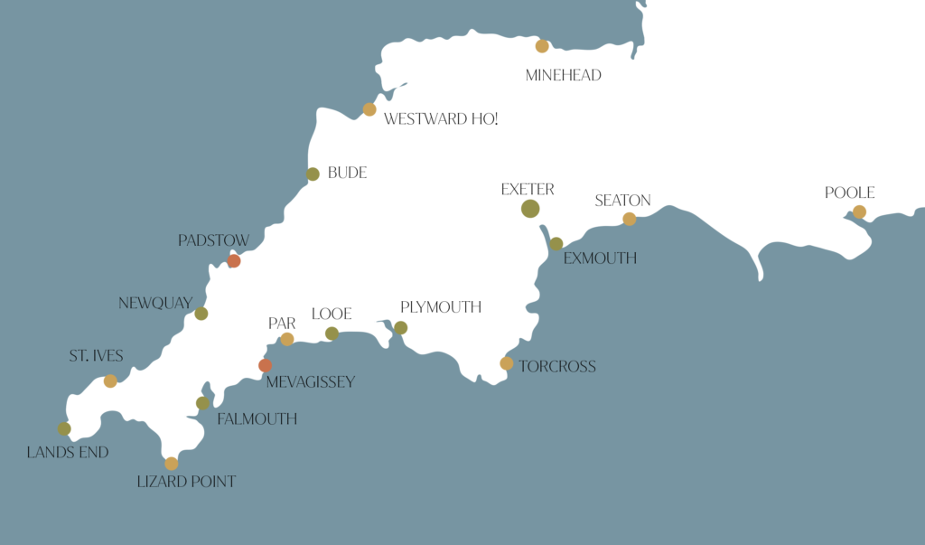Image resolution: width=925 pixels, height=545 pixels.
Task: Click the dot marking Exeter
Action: (530, 209)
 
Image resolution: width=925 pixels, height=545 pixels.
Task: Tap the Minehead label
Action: (563, 76)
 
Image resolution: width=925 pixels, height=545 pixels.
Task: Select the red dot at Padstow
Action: (234, 261)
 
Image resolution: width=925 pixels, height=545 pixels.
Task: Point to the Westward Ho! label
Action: (441, 119)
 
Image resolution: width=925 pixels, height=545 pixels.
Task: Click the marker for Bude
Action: (313, 174)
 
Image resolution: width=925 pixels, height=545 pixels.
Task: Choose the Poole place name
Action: (849, 193)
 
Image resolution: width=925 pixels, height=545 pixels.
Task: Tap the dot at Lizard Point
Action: (172, 464)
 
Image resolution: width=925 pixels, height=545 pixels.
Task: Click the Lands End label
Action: (68, 452)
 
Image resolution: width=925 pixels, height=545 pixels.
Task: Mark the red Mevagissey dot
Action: (265, 366)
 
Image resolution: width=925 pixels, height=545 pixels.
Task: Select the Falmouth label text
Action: (257, 419)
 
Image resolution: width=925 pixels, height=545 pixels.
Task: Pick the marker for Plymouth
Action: (401, 328)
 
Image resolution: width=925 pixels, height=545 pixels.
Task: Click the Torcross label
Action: (556, 367)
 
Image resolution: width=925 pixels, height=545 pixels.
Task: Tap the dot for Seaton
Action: (630, 219)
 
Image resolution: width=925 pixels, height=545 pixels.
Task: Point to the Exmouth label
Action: (600, 258)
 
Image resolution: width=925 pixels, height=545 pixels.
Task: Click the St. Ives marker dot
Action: (110, 381)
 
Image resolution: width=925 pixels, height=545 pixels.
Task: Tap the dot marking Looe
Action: (332, 334)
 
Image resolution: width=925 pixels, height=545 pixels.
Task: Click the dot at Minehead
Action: (542, 46)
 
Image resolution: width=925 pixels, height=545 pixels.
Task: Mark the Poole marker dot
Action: (859, 212)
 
